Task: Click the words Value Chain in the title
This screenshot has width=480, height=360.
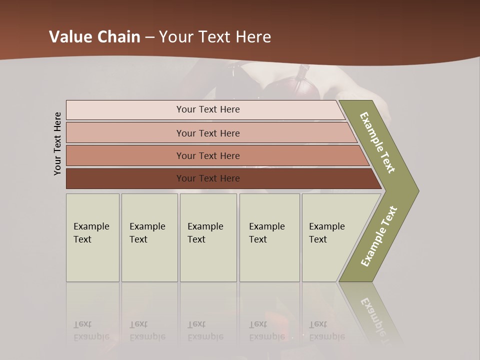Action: tap(94, 36)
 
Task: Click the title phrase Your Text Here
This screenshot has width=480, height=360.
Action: tap(215, 36)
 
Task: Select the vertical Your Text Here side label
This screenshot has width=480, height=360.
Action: tap(57, 143)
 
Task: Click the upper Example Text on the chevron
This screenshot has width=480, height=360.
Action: tap(377, 143)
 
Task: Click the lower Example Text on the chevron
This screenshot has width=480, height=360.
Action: tap(379, 236)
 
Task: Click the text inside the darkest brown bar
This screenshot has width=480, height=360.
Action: tap(208, 178)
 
